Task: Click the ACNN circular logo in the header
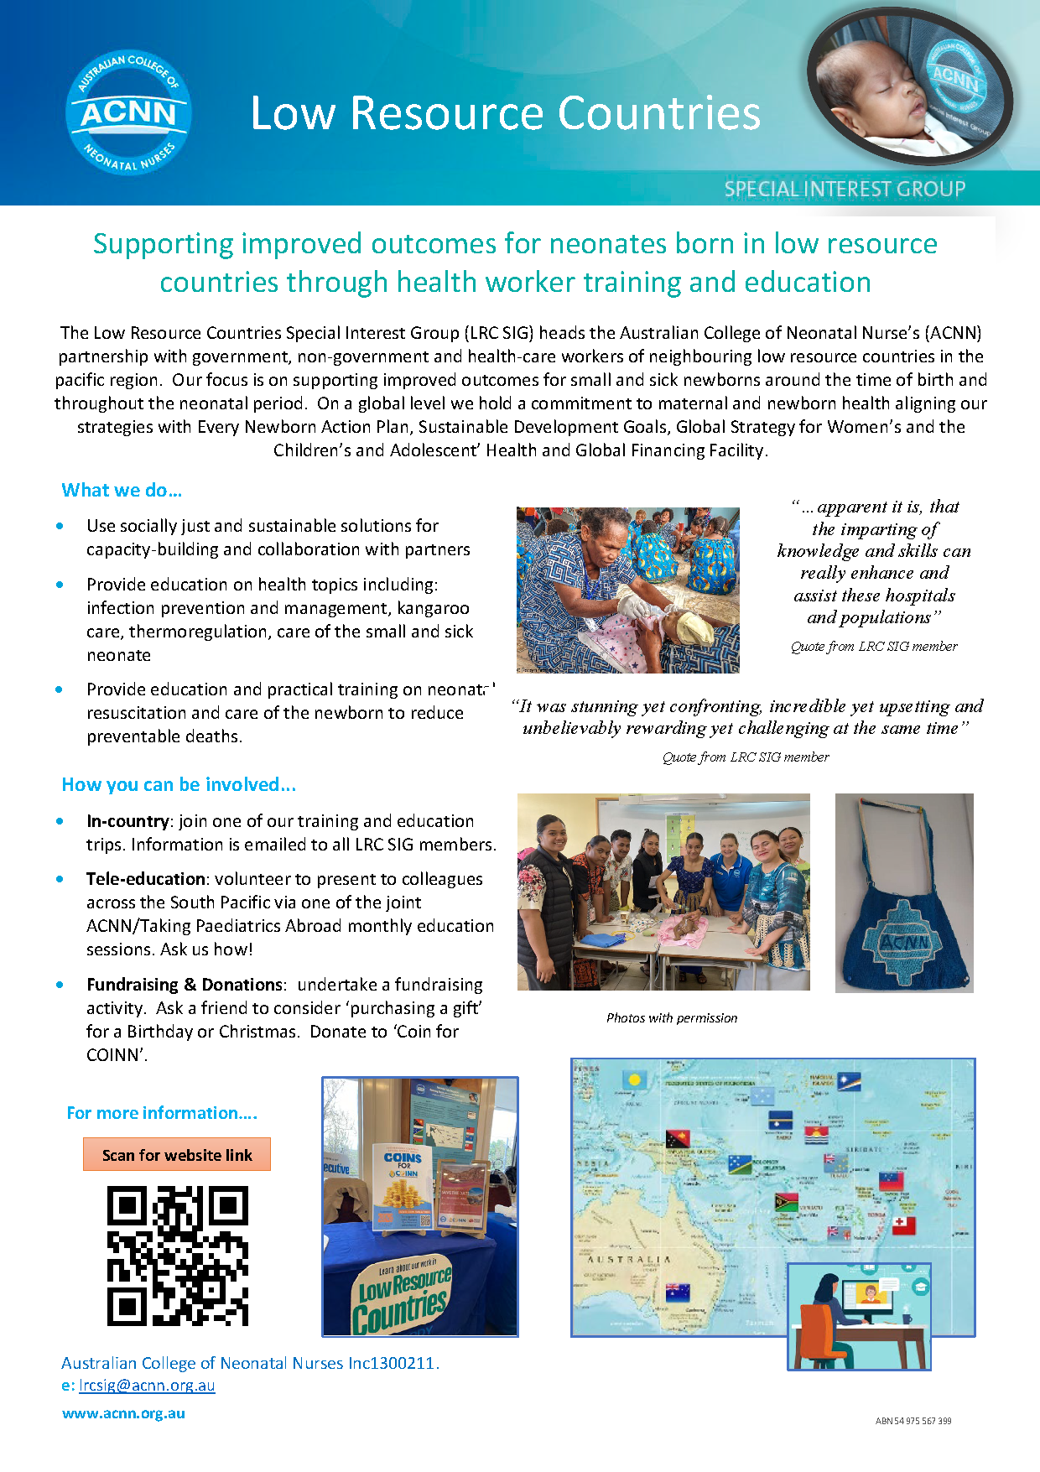pyautogui.click(x=128, y=112)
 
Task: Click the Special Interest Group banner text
pyautogui.click(x=845, y=189)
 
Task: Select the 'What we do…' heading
pyautogui.click(x=122, y=490)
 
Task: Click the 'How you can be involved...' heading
pyautogui.click(x=179, y=784)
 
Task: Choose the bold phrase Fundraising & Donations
pyautogui.click(x=185, y=985)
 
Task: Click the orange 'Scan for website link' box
pyautogui.click(x=177, y=1155)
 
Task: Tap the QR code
pyautogui.click(x=178, y=1256)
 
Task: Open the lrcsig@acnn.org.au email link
pyautogui.click(x=147, y=1386)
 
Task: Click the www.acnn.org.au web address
pyautogui.click(x=123, y=1413)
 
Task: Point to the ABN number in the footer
pyautogui.click(x=913, y=1421)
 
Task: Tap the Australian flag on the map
pyautogui.click(x=677, y=1293)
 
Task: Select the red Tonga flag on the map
pyautogui.click(x=903, y=1225)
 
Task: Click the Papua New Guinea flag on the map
pyautogui.click(x=678, y=1138)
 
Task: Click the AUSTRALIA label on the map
pyautogui.click(x=629, y=1260)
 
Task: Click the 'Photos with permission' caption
pyautogui.click(x=672, y=1018)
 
